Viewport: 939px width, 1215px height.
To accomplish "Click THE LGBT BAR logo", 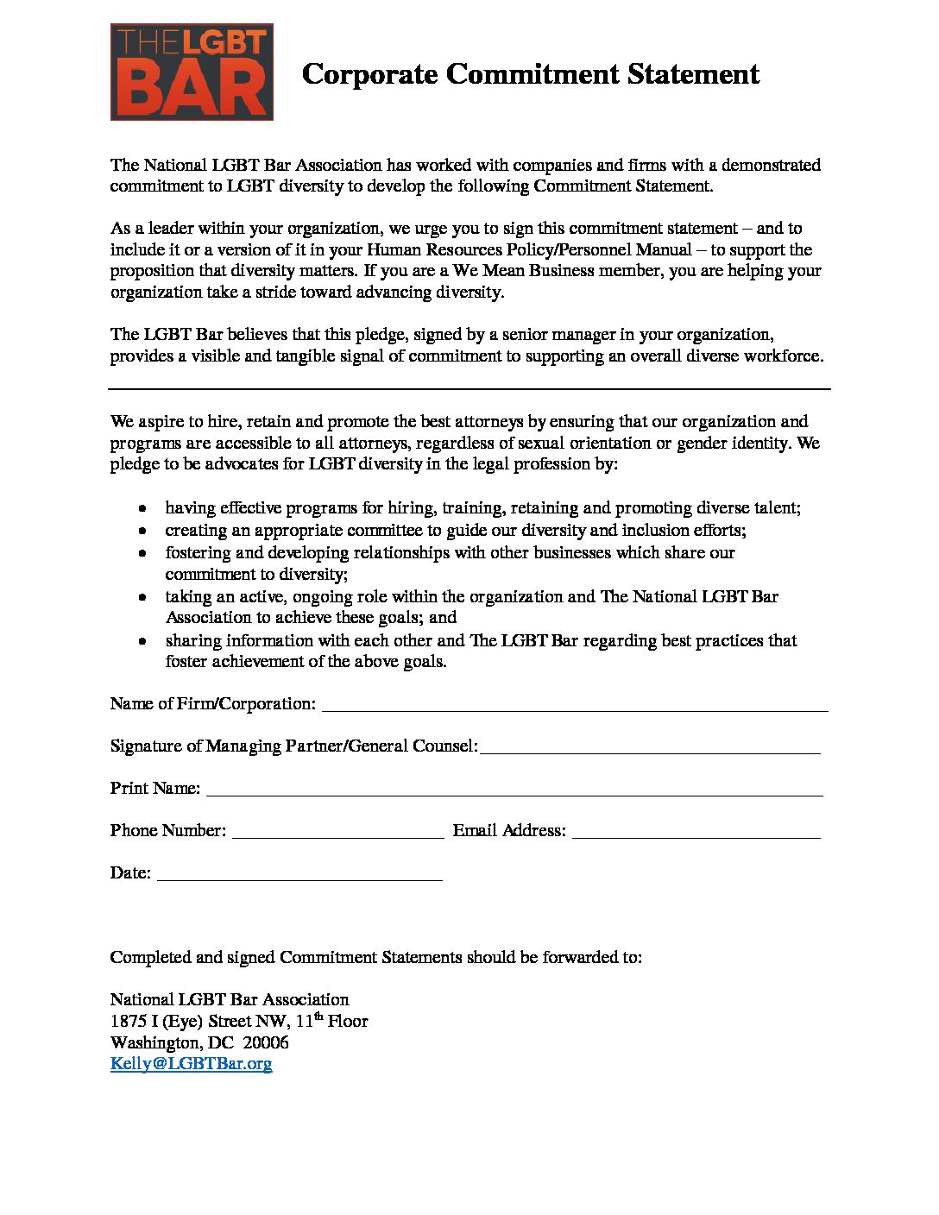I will click(192, 72).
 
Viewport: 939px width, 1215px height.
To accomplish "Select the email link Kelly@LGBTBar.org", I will click(191, 1063).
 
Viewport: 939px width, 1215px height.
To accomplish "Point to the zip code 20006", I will click(265, 1042).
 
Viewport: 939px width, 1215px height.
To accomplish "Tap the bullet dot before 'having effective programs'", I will click(143, 508).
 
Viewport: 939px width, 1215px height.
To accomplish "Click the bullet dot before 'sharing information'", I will click(143, 641).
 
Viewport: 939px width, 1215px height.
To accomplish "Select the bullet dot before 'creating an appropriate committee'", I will click(143, 531).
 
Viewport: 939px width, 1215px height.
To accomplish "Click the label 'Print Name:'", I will click(154, 788).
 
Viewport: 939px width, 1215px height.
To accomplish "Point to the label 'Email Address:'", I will click(509, 830).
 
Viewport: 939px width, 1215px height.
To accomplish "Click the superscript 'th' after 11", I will click(318, 1017).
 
